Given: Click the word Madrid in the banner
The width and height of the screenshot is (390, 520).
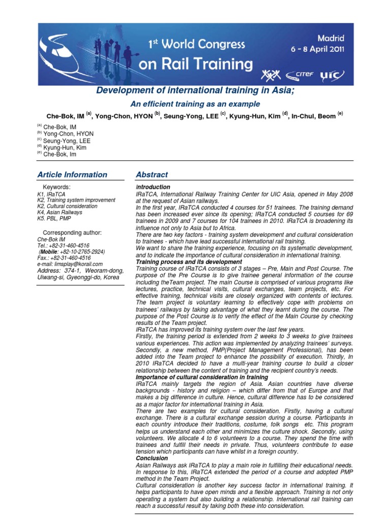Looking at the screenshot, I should [x=331, y=39].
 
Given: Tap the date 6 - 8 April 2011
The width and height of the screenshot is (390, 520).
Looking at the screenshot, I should [x=317, y=50].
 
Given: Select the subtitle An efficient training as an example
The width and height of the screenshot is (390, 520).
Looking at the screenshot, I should [x=196, y=104].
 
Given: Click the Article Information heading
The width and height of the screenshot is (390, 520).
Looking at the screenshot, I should [x=72, y=175].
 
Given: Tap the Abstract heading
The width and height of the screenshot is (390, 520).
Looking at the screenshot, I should [x=152, y=175].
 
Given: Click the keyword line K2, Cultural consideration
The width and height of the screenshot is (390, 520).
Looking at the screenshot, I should [x=67, y=207].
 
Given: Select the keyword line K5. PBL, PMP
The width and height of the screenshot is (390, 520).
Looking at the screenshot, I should [x=54, y=219].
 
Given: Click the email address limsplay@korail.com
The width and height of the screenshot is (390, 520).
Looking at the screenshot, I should [x=70, y=264].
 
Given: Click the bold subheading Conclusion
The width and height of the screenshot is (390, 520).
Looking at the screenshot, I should [x=152, y=458].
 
